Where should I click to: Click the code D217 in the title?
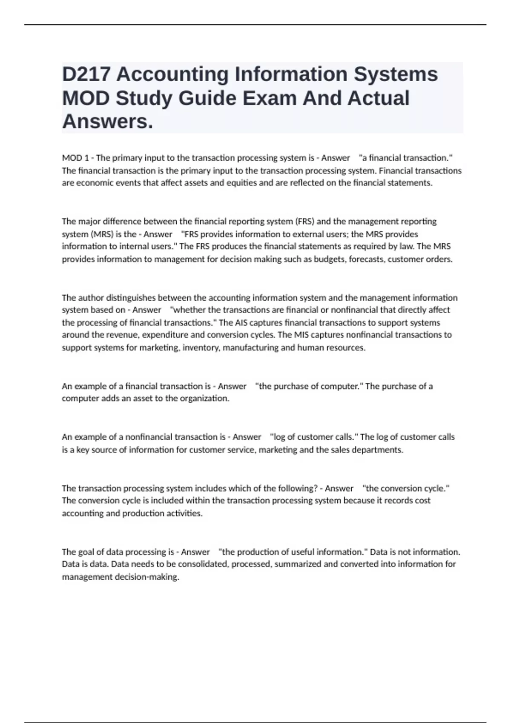point(86,74)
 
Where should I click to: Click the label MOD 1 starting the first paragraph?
point(75,158)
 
